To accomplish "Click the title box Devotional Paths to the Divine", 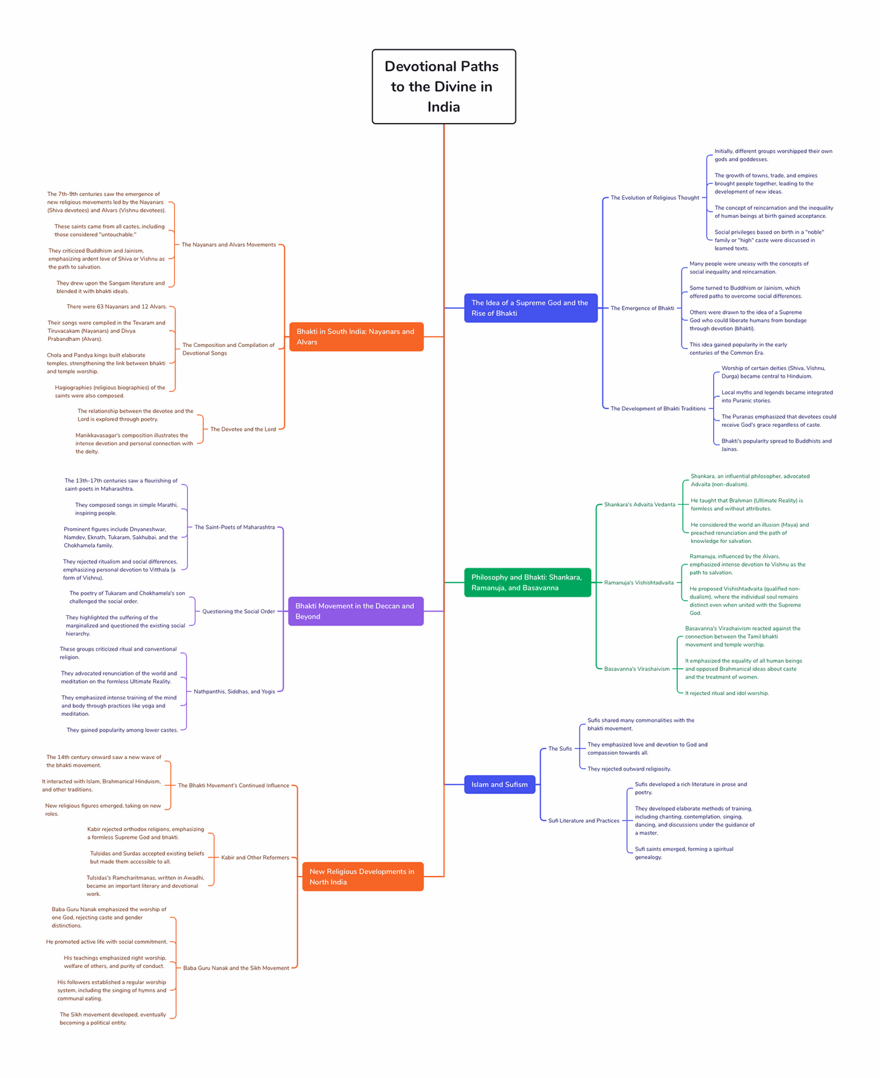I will coord(443,86).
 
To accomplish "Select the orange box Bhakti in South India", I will coord(356,337).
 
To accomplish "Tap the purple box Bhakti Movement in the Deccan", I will coord(356,611).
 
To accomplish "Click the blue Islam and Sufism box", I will coord(499,785).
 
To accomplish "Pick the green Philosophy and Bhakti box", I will coord(527,583).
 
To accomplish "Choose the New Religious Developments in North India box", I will coord(362,877).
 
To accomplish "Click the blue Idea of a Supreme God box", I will coord(530,308).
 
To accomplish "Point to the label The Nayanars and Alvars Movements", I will coord(228,245).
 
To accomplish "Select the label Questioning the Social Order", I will coord(238,611).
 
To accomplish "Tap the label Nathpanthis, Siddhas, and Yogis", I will coord(234,691).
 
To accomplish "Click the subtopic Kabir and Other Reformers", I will coord(255,858).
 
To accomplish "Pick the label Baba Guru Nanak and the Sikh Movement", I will coord(236,968).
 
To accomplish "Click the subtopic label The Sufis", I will coord(560,749).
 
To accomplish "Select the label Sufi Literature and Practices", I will coord(583,821).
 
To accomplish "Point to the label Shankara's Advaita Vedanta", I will coord(639,505).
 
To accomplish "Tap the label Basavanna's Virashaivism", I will coord(636,669).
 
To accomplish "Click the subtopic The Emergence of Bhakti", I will coord(642,308).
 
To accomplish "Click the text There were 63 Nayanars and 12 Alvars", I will coord(116,307).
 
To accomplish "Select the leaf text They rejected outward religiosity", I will coord(629,769).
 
